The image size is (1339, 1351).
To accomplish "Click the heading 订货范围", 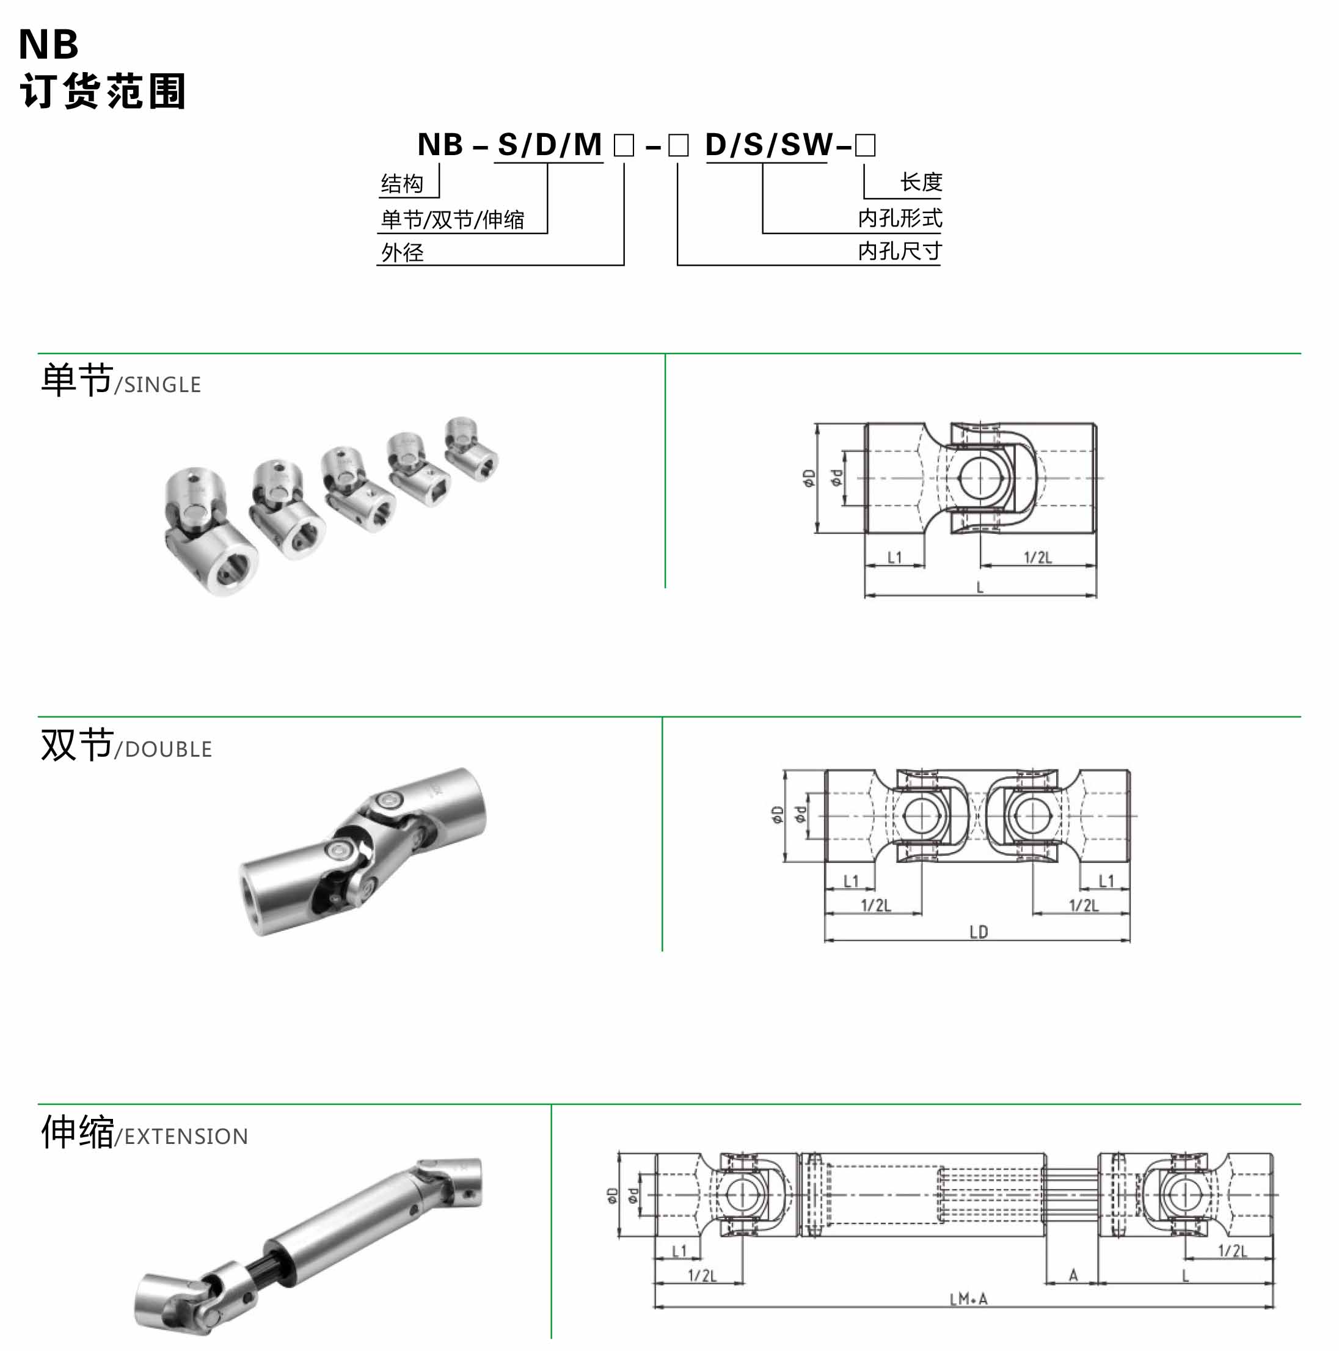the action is (102, 91).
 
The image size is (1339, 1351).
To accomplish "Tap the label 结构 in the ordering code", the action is (402, 184).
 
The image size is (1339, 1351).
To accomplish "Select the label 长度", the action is (921, 183).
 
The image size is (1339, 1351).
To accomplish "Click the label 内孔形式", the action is (900, 218).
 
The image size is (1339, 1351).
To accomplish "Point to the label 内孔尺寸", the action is (900, 251).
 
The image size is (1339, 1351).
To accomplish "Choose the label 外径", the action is (402, 252).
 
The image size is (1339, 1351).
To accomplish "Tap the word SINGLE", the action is (162, 385).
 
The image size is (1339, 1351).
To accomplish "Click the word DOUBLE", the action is (168, 749).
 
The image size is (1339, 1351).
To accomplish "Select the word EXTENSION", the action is (186, 1137).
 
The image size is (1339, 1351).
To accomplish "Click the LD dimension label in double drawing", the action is (978, 932).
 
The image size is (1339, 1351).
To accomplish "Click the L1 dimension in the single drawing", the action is (894, 558).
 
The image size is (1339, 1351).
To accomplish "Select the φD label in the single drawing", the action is (809, 478).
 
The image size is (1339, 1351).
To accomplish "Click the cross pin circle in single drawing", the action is (980, 479).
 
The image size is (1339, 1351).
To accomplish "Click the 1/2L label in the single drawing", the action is (1038, 558).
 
